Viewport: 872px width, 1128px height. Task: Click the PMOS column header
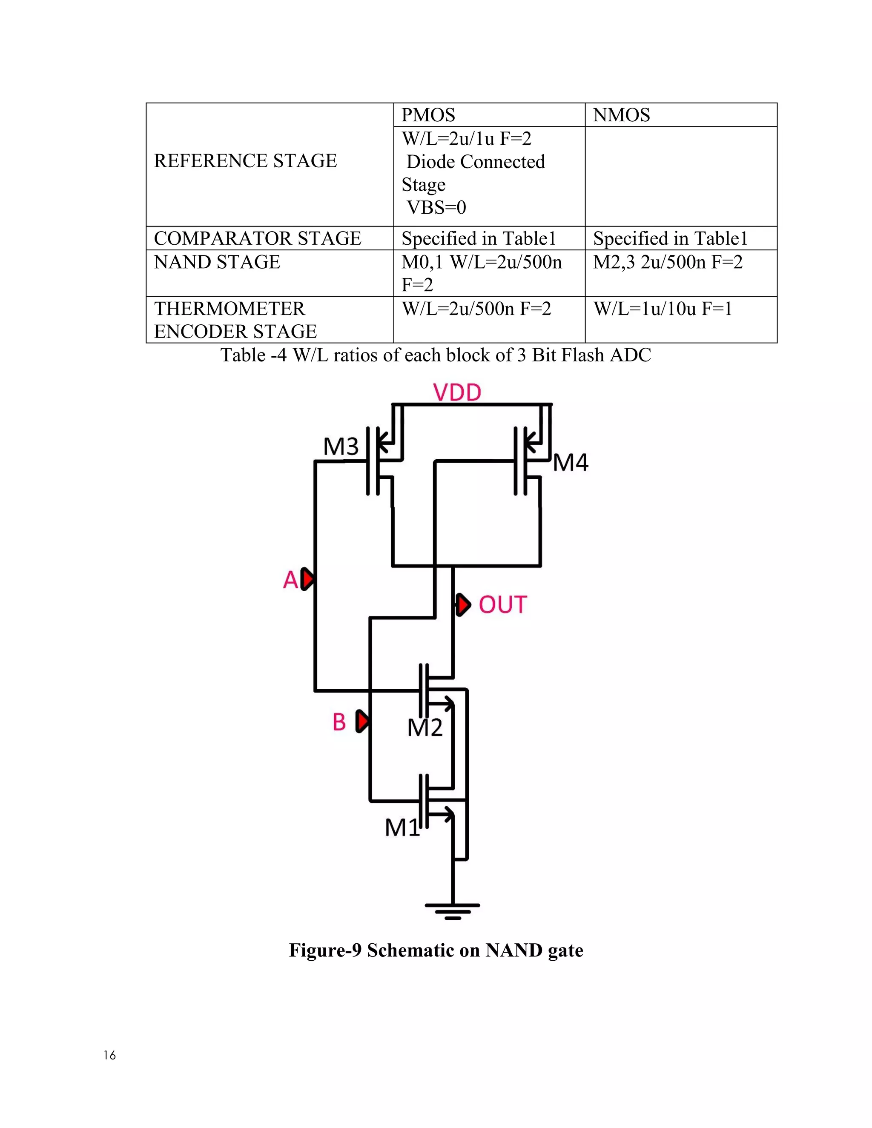point(428,115)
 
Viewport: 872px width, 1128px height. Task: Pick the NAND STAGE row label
point(217,262)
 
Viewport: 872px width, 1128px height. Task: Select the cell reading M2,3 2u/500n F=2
point(668,262)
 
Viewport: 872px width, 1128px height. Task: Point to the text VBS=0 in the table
point(436,207)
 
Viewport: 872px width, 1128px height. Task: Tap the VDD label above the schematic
point(457,392)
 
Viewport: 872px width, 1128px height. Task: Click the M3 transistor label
point(341,446)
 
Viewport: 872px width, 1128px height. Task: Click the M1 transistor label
point(402,827)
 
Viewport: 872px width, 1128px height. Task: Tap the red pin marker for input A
point(308,579)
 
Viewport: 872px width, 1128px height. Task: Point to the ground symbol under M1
point(453,912)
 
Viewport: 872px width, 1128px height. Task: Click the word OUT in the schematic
point(503,605)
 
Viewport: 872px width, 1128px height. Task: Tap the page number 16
point(109,1055)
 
